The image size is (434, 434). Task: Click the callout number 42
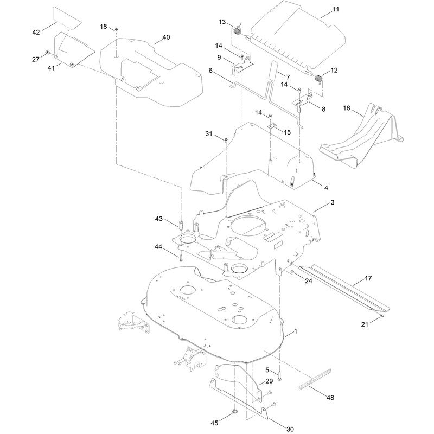tap(36, 33)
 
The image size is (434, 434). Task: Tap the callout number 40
tap(166, 37)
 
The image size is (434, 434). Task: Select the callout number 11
tap(335, 9)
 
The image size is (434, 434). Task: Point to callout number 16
tap(347, 108)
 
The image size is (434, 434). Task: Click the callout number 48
tap(330, 398)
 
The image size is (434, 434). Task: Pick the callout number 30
tap(290, 429)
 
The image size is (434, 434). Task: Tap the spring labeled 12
tap(319, 79)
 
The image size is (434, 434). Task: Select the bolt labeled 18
tap(117, 30)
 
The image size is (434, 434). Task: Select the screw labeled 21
tap(382, 316)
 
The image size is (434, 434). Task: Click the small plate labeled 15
tap(272, 126)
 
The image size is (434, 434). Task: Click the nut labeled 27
tap(48, 52)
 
